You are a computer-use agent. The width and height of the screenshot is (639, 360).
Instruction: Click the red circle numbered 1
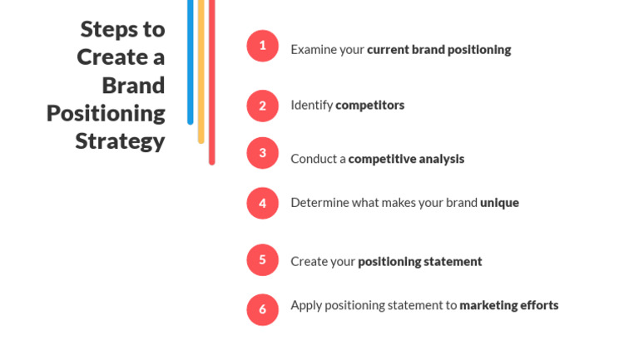pyautogui.click(x=262, y=46)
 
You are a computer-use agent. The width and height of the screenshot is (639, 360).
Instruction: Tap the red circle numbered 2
pyautogui.click(x=262, y=106)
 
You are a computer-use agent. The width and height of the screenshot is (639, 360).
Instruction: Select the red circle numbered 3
pyautogui.click(x=262, y=153)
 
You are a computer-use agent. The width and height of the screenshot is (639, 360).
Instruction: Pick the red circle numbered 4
pyautogui.click(x=262, y=203)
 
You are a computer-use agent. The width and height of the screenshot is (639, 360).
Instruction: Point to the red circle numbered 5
pyautogui.click(x=262, y=260)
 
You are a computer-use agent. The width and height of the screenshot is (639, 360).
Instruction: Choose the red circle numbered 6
pyautogui.click(x=262, y=309)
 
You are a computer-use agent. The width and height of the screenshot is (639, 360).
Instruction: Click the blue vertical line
pyautogui.click(x=191, y=62)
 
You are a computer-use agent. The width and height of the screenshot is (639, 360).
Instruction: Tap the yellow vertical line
pyautogui.click(x=201, y=72)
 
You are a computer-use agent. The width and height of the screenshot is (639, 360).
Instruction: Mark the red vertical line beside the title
pyautogui.click(x=212, y=82)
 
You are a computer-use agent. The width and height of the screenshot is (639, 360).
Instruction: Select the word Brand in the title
pyautogui.click(x=133, y=85)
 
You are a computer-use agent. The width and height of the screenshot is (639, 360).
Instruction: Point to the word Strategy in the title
pyautogui.click(x=120, y=142)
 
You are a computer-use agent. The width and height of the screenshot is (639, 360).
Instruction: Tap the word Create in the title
pyautogui.click(x=112, y=57)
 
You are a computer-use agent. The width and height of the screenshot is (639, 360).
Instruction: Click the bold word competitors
pyautogui.click(x=370, y=106)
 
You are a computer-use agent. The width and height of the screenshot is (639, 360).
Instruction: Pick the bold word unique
pyautogui.click(x=499, y=203)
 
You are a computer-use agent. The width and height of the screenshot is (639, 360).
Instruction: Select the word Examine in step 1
pyautogui.click(x=313, y=50)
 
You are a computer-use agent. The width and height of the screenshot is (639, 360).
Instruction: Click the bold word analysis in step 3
pyautogui.click(x=441, y=159)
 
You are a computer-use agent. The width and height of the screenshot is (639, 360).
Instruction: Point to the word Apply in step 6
pyautogui.click(x=306, y=305)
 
